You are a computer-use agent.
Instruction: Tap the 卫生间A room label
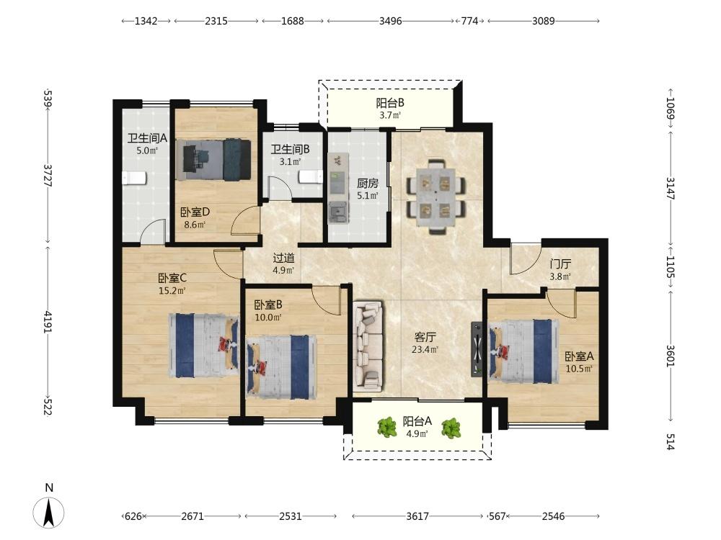[x=147, y=138]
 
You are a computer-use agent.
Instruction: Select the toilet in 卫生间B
[x=311, y=176]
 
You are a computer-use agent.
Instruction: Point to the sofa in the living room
[x=368, y=346]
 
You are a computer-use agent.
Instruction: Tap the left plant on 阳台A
[x=386, y=427]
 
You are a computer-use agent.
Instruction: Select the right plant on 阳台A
[x=451, y=428]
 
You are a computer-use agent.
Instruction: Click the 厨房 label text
[x=368, y=183]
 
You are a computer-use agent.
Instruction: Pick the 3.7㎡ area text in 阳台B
[x=390, y=115]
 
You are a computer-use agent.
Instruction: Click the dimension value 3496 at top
[x=390, y=21]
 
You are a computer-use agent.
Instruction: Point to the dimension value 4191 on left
[x=48, y=323]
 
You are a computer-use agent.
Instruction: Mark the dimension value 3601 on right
[x=670, y=356]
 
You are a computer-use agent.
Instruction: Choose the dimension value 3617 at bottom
[x=417, y=516]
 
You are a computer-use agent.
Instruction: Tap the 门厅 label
[x=560, y=264]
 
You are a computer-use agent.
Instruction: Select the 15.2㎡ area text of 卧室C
[x=172, y=291]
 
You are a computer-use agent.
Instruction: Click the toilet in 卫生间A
[x=134, y=178]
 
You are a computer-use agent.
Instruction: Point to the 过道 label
[x=283, y=258]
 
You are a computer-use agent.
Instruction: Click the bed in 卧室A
[x=523, y=351]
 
